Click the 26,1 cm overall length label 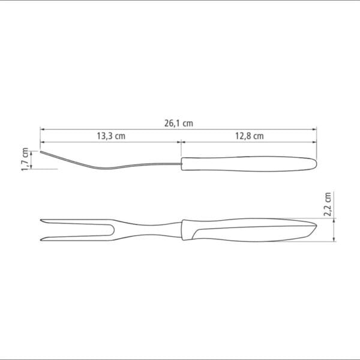(178, 123)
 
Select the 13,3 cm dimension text (111, 136)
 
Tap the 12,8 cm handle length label (249, 136)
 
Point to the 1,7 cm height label (25, 159)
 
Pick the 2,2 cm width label (327, 205)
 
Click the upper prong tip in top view (41, 220)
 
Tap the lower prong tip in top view (41, 240)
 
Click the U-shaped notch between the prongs (113, 230)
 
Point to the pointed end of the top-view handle (316, 225)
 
